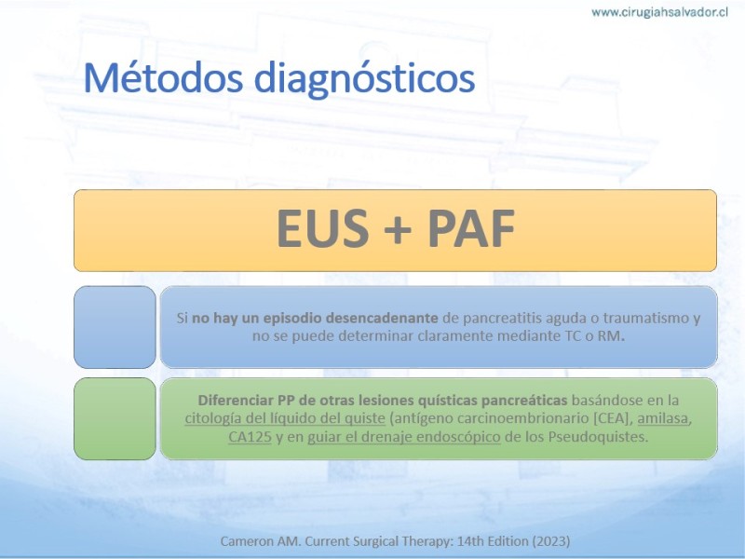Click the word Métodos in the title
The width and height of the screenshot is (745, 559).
coord(163,77)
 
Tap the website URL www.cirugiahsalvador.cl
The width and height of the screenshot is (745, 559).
coord(659,12)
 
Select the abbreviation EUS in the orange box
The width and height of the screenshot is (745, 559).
coord(322,228)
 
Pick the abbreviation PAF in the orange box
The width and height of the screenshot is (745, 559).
coord(471,228)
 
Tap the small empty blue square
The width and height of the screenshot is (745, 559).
coord(115,327)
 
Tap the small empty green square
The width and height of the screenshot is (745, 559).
coord(115,418)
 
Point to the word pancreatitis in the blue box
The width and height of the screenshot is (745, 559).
coord(501,318)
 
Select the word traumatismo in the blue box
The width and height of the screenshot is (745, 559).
coord(643,318)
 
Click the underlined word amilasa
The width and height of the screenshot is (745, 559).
coord(663,418)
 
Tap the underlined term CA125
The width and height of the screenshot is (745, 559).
coord(250,436)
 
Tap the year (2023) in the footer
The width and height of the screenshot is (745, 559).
coord(551,541)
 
